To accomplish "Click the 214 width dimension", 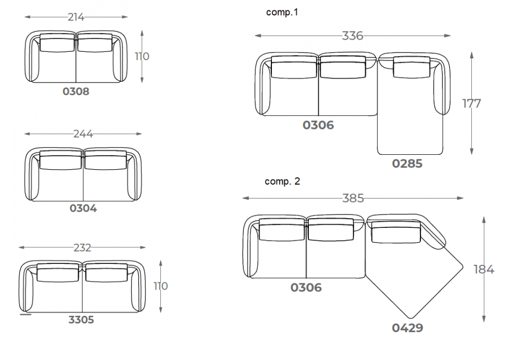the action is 76,17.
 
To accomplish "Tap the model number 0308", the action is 76,91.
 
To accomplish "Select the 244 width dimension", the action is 83,134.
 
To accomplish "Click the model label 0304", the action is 83,208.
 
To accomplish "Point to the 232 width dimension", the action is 82,247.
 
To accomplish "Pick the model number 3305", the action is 81,320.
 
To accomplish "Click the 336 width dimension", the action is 353,35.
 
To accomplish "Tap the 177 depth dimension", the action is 471,103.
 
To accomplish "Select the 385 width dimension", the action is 353,198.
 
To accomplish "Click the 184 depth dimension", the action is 484,269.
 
